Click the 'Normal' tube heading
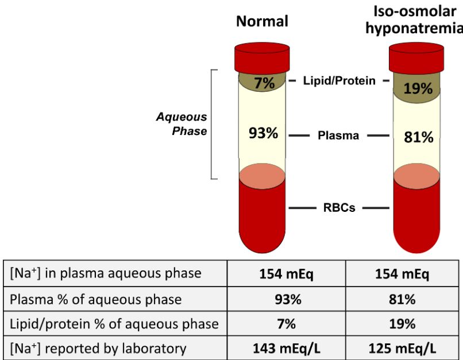tap(263, 22)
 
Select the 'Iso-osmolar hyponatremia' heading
tap(414, 21)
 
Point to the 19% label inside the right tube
tap(418, 88)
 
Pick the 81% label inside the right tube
tap(418, 137)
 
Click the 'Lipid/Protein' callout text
tap(339, 81)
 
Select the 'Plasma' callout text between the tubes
tap(339, 136)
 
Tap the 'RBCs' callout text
tap(339, 208)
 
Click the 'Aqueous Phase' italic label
tap(182, 123)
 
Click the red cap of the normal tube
tap(263, 57)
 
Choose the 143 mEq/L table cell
tap(287, 348)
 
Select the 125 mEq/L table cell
tap(402, 348)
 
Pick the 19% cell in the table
tap(402, 324)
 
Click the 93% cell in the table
tap(287, 299)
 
